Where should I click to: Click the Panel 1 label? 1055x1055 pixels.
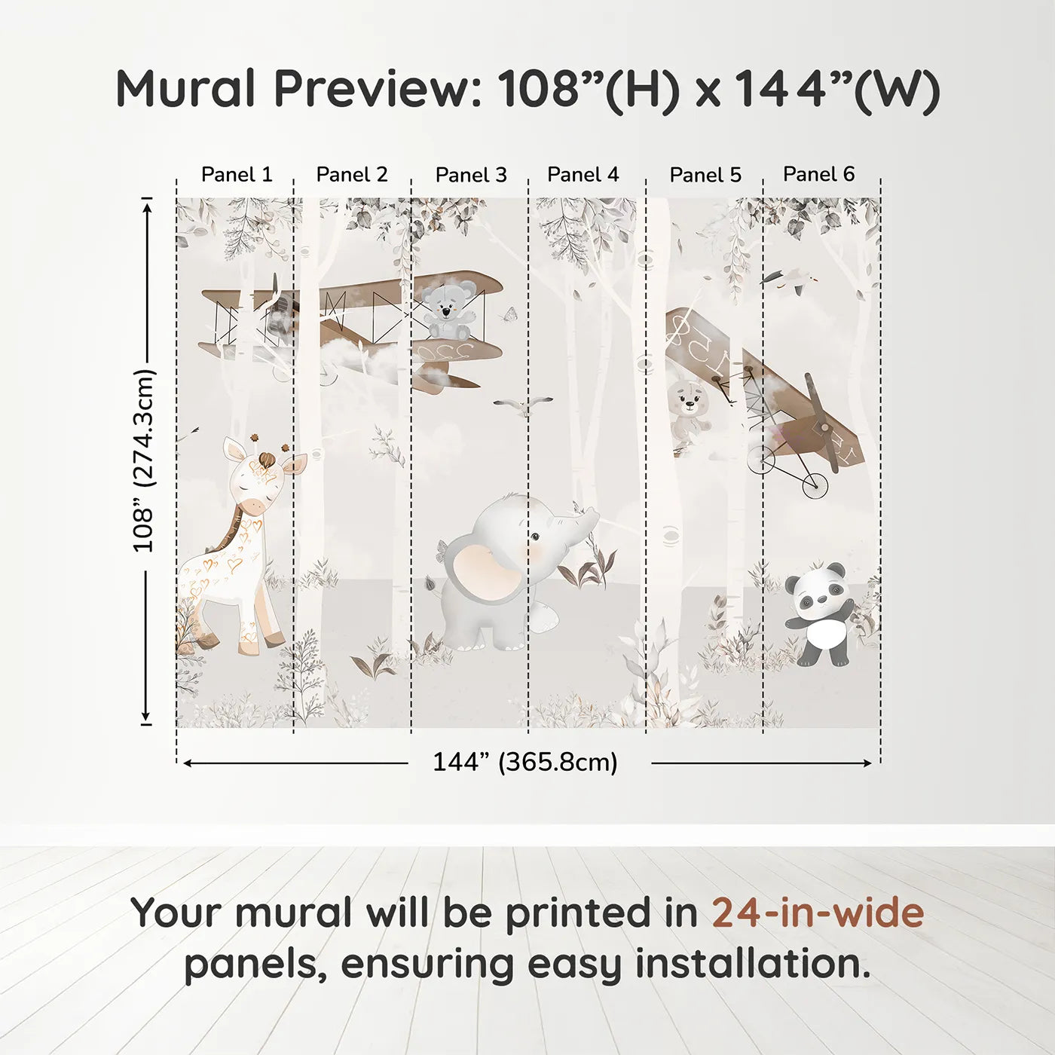tap(237, 175)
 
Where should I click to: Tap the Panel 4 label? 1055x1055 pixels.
tap(583, 175)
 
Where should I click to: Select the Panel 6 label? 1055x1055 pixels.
tap(818, 174)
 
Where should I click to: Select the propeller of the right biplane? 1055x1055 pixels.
tap(821, 422)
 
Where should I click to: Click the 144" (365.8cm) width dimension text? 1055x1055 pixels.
tap(524, 763)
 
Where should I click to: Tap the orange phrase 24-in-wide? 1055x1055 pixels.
tap(818, 913)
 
